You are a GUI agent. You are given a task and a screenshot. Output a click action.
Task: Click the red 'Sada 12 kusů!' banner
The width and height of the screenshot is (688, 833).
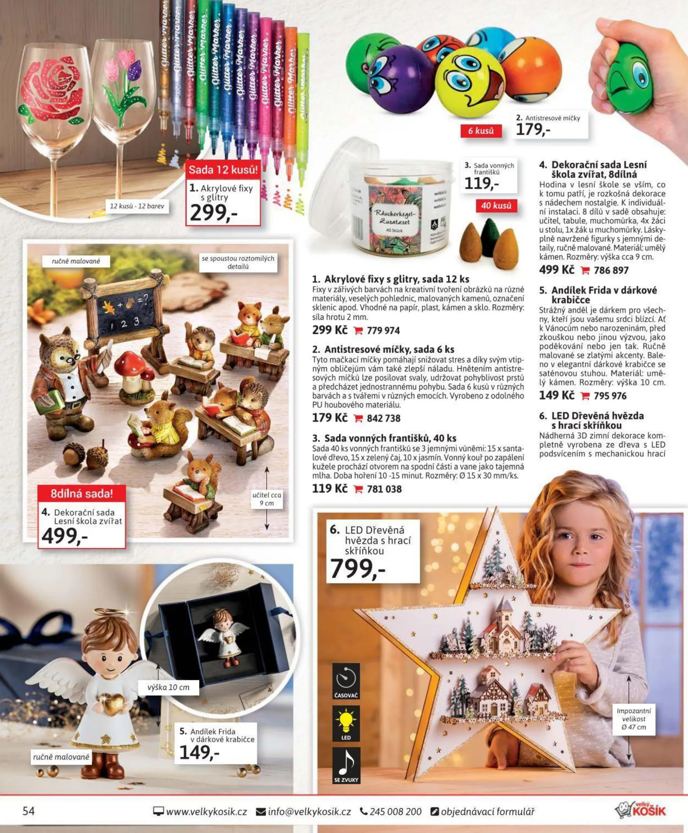click(x=223, y=170)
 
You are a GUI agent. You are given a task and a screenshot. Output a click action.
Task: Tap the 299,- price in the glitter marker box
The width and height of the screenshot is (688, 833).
click(x=214, y=213)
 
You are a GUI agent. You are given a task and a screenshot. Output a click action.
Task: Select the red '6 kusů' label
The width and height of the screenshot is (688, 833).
click(x=481, y=131)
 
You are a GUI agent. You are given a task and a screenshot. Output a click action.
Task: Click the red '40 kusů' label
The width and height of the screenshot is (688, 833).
click(x=496, y=206)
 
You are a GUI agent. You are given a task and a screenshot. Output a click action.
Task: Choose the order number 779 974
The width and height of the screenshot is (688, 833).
click(x=383, y=331)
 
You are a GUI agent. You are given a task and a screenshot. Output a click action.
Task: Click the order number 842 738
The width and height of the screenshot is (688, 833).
click(x=384, y=418)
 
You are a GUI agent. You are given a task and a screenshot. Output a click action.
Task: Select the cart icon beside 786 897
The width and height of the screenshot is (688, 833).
click(x=585, y=271)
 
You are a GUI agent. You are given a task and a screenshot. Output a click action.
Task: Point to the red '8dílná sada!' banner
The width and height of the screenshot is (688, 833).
click(x=82, y=494)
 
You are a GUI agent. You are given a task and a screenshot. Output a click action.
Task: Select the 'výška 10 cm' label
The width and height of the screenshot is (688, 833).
click(x=169, y=687)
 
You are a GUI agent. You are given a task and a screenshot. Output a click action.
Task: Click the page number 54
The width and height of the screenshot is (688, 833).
click(x=29, y=812)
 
